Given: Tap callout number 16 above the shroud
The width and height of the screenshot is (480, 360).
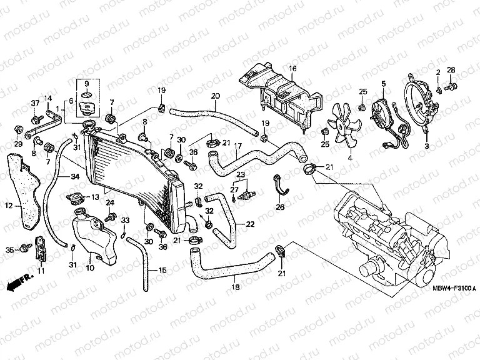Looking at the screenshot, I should coord(292,67).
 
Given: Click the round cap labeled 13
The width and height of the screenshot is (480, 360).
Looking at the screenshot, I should coord(75,199).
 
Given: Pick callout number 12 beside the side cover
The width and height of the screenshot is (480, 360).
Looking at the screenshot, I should coord(9,205).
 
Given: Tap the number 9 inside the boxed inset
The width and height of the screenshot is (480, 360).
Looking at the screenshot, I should coord(87,84).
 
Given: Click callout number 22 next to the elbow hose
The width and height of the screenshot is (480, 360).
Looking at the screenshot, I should coord(249,224).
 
